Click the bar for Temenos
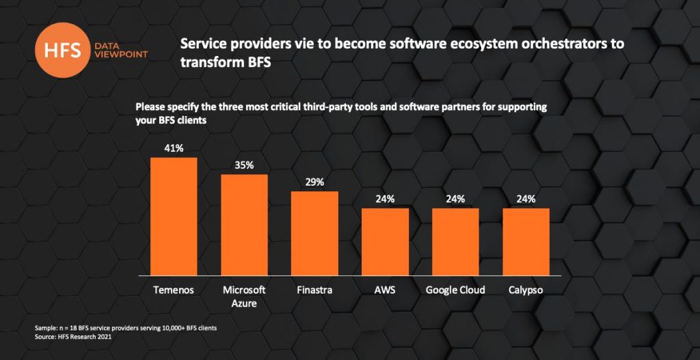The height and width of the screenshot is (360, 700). tap(174, 217)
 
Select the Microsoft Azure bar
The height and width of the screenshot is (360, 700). tap(244, 225)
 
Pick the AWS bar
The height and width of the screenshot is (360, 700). tap(385, 242)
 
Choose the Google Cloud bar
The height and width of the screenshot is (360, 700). tap(455, 242)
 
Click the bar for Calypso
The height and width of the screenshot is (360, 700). tap(526, 242)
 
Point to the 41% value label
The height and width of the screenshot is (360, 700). tap(174, 148)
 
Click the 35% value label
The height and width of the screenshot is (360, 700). tap(244, 165)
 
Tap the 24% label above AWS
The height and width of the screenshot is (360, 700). tap(385, 199)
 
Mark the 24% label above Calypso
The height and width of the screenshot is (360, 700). tap(526, 199)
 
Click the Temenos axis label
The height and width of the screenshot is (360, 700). tap(174, 290)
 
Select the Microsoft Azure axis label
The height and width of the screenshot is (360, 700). tap(244, 296)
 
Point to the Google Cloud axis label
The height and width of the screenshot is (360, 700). tap(455, 290)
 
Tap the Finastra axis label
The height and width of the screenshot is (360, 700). tap(314, 290)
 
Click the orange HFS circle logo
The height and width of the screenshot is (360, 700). tap(64, 49)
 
